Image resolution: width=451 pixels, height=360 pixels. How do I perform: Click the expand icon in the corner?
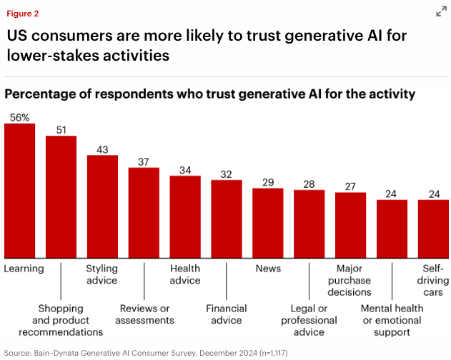point(441,12)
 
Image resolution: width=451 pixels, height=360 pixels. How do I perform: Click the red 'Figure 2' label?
point(22,13)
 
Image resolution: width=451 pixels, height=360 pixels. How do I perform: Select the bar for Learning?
point(19,191)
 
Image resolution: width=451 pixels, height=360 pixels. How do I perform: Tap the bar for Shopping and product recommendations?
point(61,196)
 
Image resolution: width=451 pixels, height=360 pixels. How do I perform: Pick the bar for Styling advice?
point(102,206)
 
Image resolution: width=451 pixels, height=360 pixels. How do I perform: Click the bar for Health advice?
point(185,216)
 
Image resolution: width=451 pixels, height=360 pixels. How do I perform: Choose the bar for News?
point(268,223)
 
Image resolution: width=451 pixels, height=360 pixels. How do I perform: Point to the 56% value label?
point(19,117)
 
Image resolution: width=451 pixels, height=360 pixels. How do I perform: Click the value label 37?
point(144,161)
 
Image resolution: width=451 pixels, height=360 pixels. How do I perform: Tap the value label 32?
point(227,174)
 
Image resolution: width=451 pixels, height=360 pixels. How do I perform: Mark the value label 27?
point(350,186)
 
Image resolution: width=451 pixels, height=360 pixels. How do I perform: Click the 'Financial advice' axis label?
point(227,314)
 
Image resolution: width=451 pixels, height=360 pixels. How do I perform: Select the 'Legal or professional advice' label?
point(309,320)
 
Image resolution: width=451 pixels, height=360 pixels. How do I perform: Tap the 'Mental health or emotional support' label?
point(392,320)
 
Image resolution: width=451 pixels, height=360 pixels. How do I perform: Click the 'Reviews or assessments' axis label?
point(144,314)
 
